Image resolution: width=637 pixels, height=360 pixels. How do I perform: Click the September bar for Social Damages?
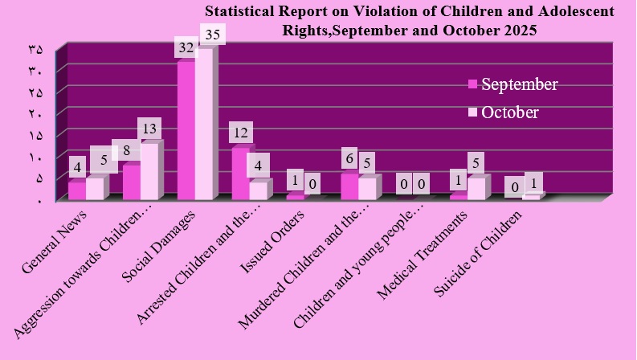click(x=186, y=130)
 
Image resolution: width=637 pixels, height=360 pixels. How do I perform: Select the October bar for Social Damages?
click(x=204, y=124)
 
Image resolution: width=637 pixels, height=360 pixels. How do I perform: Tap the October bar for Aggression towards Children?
click(x=149, y=171)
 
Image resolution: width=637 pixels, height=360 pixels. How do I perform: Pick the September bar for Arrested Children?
click(x=239, y=174)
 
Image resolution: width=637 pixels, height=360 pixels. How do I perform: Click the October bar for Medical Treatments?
click(x=476, y=188)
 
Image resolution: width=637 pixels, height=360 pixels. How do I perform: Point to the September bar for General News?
click(x=76, y=190)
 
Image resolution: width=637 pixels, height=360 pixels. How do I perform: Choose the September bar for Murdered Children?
click(x=349, y=186)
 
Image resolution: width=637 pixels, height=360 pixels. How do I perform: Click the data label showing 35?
click(x=213, y=35)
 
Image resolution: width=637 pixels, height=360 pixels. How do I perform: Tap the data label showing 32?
click(x=186, y=47)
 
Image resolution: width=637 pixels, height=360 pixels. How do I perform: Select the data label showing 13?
click(x=149, y=128)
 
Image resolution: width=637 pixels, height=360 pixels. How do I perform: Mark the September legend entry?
click(x=513, y=84)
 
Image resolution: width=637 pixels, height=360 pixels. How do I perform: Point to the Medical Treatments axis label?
click(x=423, y=250)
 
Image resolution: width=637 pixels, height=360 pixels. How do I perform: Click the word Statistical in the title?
click(x=237, y=12)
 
